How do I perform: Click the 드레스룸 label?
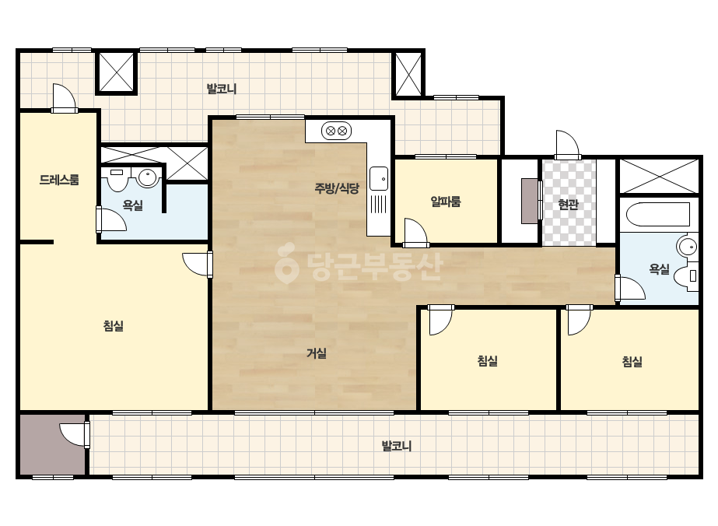click(x=59, y=180)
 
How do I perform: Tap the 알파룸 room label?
click(x=446, y=202)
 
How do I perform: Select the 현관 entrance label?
click(x=569, y=205)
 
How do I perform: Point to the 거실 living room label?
click(x=317, y=353)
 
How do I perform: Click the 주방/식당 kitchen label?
click(x=337, y=188)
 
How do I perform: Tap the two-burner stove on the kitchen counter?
click(x=336, y=131)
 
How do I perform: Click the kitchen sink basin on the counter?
click(x=379, y=178)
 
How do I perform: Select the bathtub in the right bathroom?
click(x=658, y=214)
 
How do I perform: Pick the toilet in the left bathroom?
click(x=117, y=179)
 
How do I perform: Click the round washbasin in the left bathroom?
click(x=148, y=177)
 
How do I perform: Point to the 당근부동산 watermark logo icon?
click(x=286, y=263)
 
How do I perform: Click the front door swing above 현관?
click(x=568, y=145)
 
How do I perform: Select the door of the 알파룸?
click(x=415, y=233)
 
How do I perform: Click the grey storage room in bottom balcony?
click(x=53, y=445)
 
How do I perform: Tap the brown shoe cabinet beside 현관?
click(x=530, y=202)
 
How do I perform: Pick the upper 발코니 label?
click(x=222, y=89)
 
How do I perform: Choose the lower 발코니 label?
click(x=397, y=446)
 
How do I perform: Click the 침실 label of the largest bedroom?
click(x=114, y=326)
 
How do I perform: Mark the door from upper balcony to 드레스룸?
click(x=64, y=98)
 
